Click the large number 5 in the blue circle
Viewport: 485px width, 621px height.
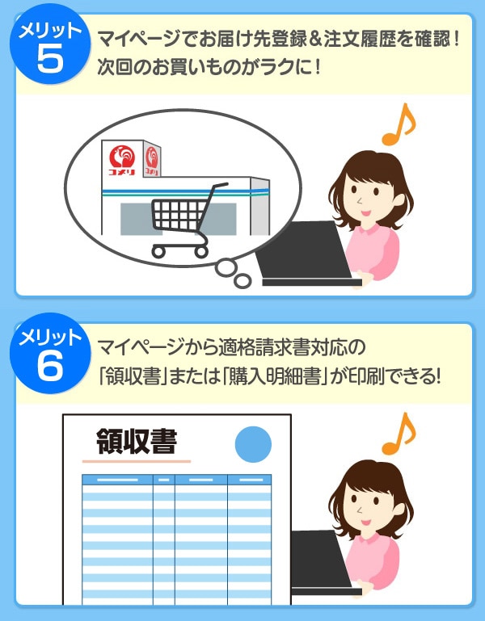(x=50, y=58)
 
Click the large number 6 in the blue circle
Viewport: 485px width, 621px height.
(x=50, y=366)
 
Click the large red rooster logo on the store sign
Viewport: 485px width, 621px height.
(x=122, y=156)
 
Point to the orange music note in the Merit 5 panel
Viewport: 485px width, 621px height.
(x=399, y=124)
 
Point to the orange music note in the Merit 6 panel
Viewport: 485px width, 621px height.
(x=399, y=434)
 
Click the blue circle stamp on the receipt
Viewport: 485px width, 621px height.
(x=253, y=444)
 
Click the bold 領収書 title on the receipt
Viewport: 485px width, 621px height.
(x=137, y=442)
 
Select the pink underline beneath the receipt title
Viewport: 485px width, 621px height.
(x=137, y=461)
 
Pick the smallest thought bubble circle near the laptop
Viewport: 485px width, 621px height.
(x=242, y=281)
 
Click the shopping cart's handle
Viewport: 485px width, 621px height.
(x=220, y=186)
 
